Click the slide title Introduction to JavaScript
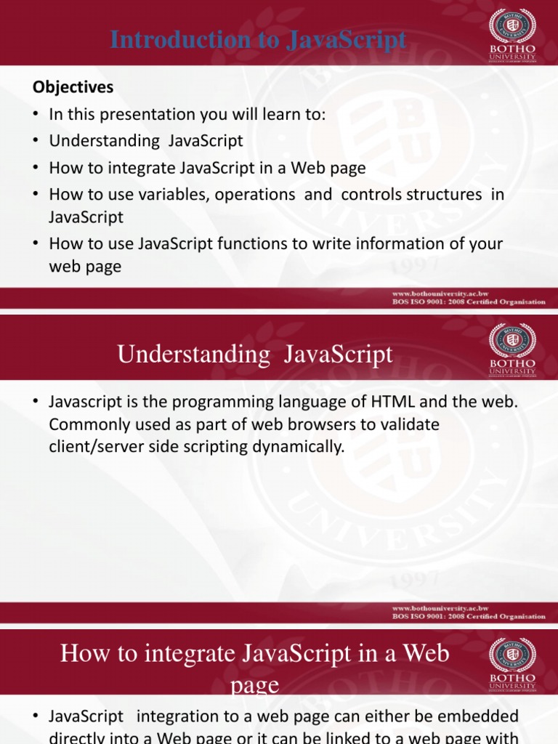pyautogui.click(x=258, y=41)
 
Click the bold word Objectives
pyautogui.click(x=73, y=87)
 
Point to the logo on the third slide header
pyautogui.click(x=512, y=663)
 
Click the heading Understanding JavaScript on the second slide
pyautogui.click(x=255, y=355)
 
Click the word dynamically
pyautogui.click(x=297, y=447)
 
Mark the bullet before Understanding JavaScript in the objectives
pyautogui.click(x=36, y=141)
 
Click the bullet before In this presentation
pyautogui.click(x=36, y=115)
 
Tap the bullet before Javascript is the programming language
pyautogui.click(x=36, y=402)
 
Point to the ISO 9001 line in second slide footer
pyautogui.click(x=469, y=616)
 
